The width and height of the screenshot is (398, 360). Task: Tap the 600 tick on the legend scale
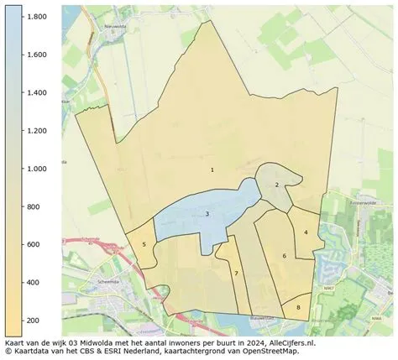(x=34, y=244)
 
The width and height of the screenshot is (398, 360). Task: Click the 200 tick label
(x=34, y=321)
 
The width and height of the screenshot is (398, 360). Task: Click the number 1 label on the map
(x=212, y=170)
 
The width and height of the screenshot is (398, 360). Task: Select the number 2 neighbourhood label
(x=276, y=185)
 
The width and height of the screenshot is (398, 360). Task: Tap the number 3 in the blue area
(x=207, y=214)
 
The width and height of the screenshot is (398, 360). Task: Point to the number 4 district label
(x=306, y=232)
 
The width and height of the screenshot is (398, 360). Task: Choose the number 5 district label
(x=144, y=244)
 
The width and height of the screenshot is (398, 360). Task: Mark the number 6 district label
(x=284, y=256)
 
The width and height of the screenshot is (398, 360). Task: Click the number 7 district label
(x=236, y=274)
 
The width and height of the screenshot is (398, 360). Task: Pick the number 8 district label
(x=298, y=308)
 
